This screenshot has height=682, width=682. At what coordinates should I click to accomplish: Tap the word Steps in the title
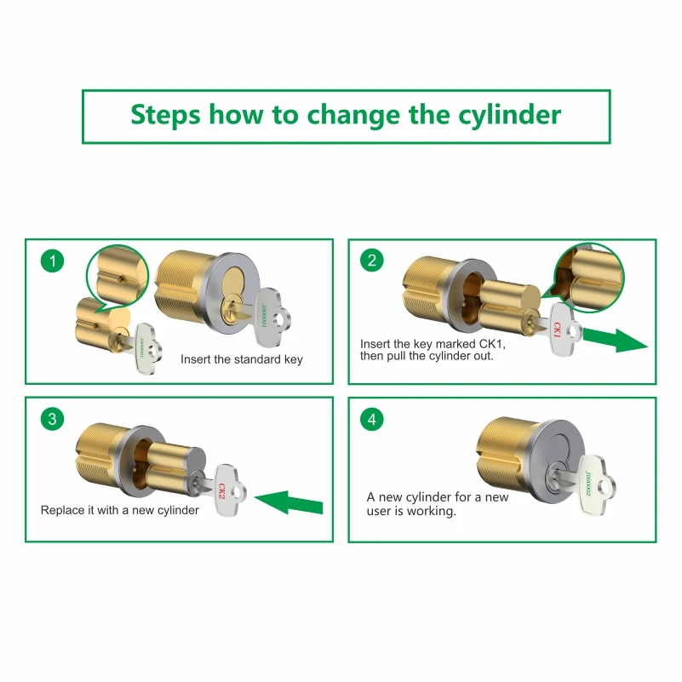pos(166,115)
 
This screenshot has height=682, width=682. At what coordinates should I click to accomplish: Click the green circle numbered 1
pos(52,261)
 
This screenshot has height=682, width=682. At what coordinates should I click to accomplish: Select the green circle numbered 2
pos(372,260)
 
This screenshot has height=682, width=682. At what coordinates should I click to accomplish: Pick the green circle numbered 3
pos(52,419)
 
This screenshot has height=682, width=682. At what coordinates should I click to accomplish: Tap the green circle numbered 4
pos(372,419)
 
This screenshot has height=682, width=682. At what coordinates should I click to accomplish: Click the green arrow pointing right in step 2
pos(615,340)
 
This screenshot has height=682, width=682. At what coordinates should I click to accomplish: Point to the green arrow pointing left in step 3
pos(289,502)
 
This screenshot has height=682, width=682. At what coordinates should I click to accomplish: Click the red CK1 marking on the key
pos(557,330)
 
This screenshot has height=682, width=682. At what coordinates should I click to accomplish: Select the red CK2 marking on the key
pos(222,491)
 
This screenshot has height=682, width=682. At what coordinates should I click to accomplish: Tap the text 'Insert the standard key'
pos(242,359)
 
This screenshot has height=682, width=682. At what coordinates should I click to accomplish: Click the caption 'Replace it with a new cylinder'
pos(119,510)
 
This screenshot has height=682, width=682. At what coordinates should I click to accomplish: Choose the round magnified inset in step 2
pos(589,278)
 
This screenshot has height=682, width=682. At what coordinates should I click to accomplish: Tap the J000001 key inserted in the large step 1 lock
pos(265,316)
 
